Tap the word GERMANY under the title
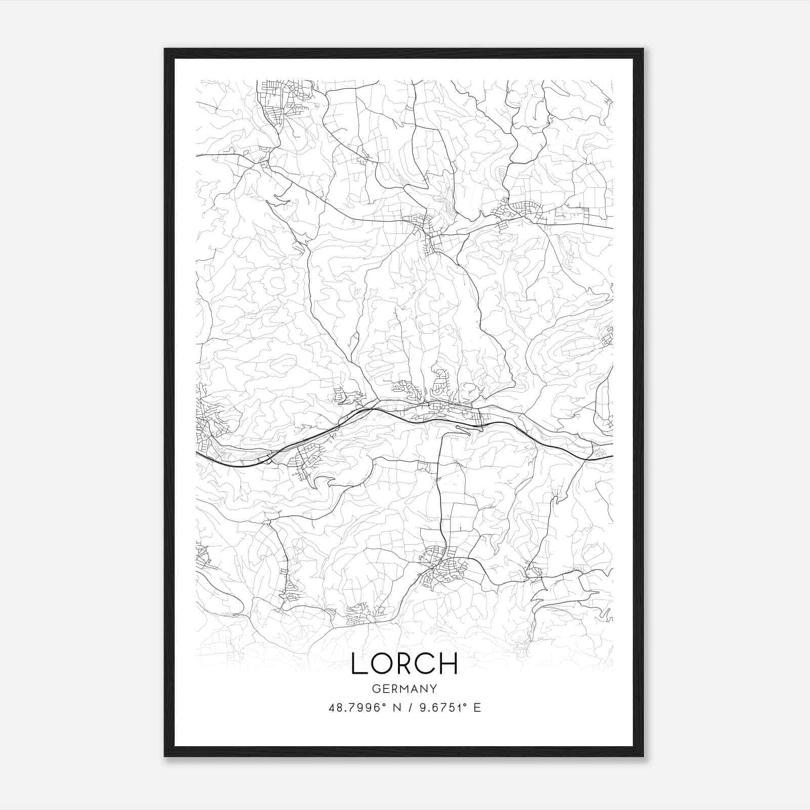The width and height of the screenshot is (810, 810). [x=404, y=688]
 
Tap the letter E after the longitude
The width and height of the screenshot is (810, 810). [x=477, y=708]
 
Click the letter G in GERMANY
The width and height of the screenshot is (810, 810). [x=375, y=688]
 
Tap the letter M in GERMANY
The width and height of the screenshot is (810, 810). [x=404, y=688]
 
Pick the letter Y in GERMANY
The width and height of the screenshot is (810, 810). [x=433, y=688]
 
